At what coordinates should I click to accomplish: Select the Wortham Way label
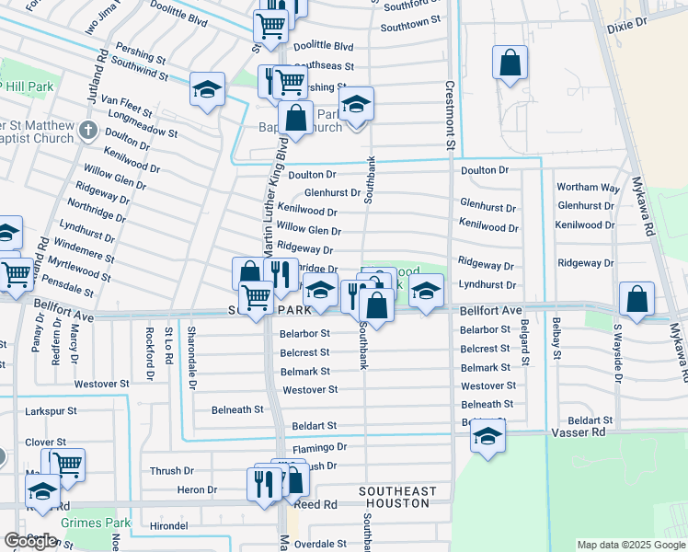click(589, 188)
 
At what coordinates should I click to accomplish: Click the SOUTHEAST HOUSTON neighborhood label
click(395, 498)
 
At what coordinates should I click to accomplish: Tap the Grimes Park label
click(92, 522)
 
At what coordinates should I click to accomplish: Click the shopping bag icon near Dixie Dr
click(510, 63)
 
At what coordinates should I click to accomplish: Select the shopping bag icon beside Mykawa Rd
click(636, 299)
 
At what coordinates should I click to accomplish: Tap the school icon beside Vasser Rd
click(488, 436)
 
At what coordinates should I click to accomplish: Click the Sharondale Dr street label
click(191, 357)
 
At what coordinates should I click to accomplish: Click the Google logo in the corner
click(31, 541)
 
